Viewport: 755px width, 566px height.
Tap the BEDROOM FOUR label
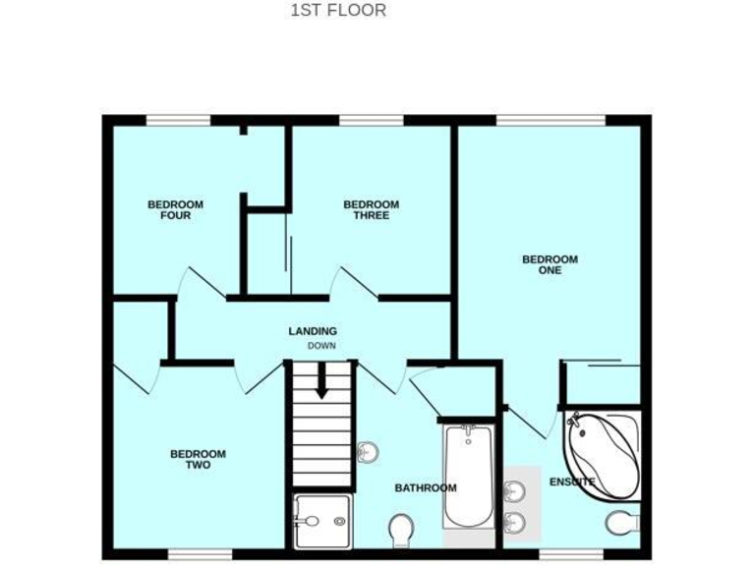pos(175,209)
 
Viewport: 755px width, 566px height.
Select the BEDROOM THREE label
pos(371,209)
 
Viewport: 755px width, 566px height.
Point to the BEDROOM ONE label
pos(550,264)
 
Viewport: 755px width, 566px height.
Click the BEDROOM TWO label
pos(198,459)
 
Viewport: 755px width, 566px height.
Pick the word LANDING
pos(313,331)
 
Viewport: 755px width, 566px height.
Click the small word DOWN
pos(321,346)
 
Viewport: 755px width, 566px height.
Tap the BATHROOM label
pos(426,487)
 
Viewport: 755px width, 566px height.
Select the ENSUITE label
pos(572,481)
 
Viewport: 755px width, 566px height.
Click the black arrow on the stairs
pos(320,383)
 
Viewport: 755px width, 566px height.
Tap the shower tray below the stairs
pos(321,519)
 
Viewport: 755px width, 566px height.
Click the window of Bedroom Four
pos(178,121)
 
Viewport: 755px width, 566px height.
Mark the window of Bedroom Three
pos(372,121)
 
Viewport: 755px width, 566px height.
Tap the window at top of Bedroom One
pos(551,121)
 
